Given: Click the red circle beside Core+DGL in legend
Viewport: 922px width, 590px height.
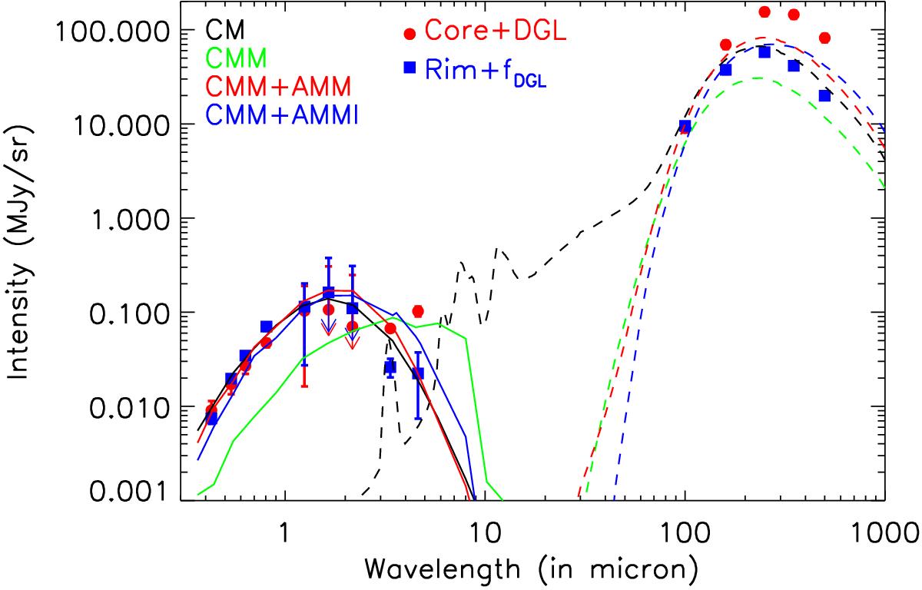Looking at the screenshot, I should point(410,34).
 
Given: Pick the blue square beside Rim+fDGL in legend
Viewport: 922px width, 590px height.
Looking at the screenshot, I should point(410,68).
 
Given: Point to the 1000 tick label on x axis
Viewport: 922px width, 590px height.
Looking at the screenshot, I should point(884,530).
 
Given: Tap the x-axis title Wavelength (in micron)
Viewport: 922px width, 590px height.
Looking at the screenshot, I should point(532,570).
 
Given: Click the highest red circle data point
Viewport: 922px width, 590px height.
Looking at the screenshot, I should point(764,12).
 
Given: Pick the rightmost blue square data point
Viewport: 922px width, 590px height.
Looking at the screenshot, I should point(824,96).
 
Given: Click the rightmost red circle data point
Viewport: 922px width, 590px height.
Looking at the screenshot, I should point(824,38).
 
